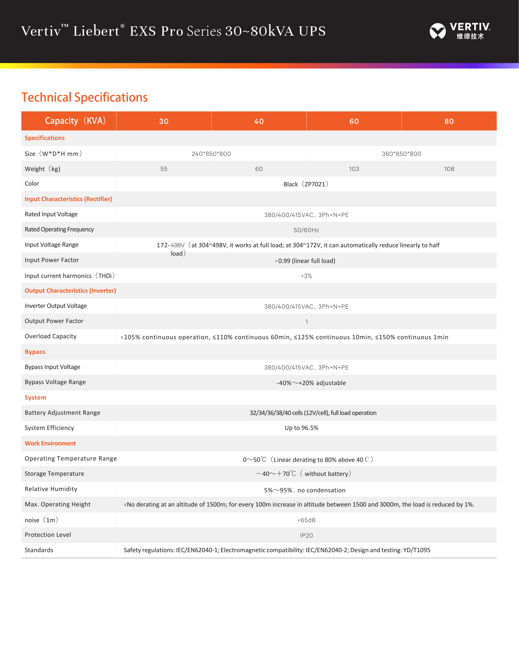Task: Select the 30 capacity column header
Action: [x=164, y=121]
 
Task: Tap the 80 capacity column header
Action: [x=449, y=121]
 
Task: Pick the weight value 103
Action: [x=354, y=169]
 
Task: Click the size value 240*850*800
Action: [x=211, y=154]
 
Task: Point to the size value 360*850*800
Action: [x=401, y=154]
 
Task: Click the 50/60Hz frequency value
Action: [x=306, y=230]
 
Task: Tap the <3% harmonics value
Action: [x=306, y=276]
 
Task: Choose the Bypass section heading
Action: [x=35, y=352]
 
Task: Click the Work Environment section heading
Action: [x=50, y=443]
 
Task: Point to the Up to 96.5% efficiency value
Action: [x=301, y=428]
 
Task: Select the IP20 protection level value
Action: [x=306, y=536]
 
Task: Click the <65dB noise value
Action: [x=306, y=520]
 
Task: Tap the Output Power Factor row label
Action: [x=54, y=321]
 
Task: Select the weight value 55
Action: [x=164, y=169]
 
